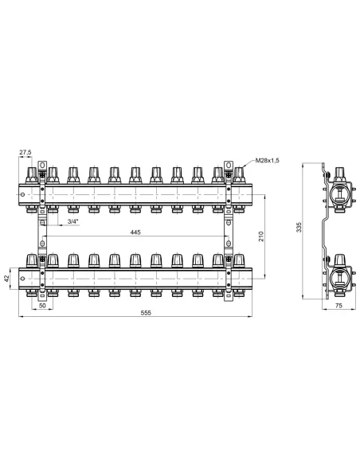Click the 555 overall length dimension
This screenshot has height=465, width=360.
[x=146, y=313]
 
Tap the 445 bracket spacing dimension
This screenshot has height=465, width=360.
[x=135, y=232]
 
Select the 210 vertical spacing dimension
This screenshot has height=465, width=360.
[x=261, y=236]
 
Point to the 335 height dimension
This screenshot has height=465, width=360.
[x=299, y=227]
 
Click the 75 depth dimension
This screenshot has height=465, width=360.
[x=338, y=305]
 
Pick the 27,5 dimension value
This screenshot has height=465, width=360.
[x=25, y=152]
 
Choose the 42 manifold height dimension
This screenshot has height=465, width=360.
[x=7, y=278]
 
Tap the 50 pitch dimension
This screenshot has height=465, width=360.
[x=43, y=305]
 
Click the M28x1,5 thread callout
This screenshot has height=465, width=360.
[x=267, y=160]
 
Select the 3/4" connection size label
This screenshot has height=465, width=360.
[x=73, y=221]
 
